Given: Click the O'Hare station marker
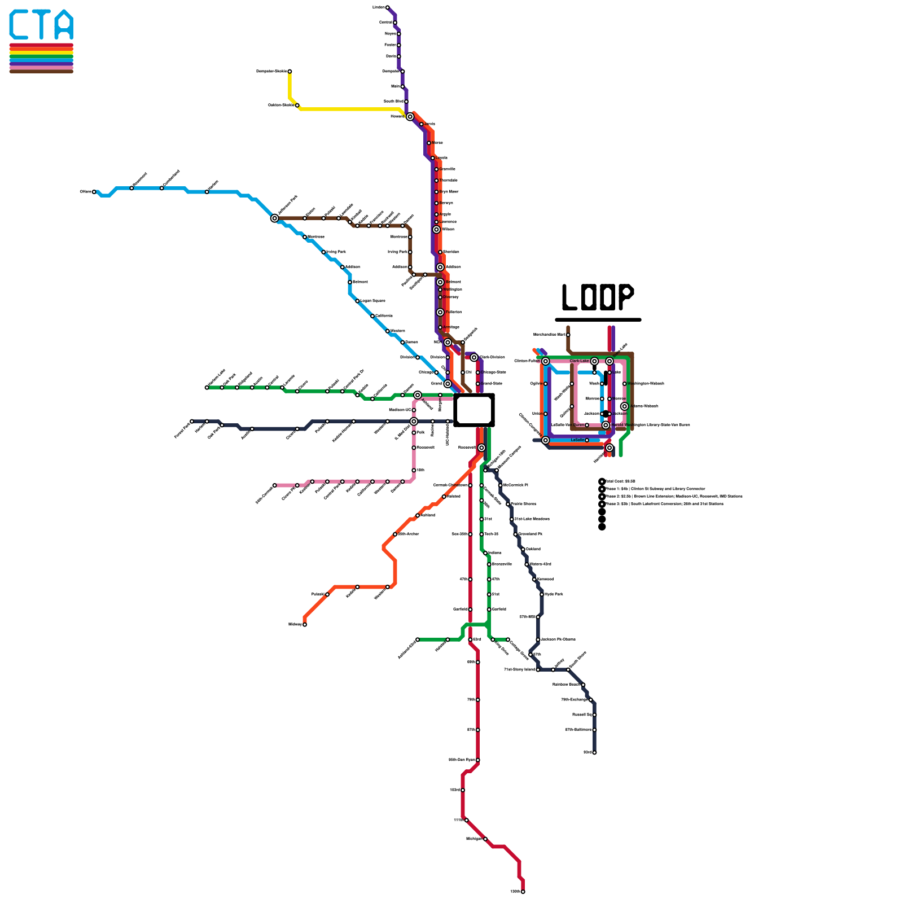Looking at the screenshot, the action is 94,192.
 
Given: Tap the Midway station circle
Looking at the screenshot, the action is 305,624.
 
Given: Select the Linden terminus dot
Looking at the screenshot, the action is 387,7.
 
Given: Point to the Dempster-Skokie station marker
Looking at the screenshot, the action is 290,72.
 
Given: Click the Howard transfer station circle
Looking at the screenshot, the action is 410,117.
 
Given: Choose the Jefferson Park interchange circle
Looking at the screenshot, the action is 275,218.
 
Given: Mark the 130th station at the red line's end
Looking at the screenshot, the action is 523,892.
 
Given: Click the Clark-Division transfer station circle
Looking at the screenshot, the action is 474,357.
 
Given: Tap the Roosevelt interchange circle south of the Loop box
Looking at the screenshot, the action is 481,448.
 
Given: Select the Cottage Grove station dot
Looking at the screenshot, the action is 508,639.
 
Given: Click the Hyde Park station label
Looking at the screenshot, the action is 554,594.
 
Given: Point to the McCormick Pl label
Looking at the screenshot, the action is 515,485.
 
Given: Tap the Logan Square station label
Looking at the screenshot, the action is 372,301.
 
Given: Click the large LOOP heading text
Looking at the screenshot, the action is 598,297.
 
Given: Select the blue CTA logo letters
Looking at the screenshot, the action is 41,25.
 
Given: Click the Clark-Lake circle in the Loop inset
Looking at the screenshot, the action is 594,361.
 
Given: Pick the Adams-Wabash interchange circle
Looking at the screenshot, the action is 624,406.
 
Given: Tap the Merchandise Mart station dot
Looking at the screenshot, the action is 568,335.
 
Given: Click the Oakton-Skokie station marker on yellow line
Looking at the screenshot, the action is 297,106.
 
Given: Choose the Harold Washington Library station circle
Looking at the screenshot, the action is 606,425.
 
